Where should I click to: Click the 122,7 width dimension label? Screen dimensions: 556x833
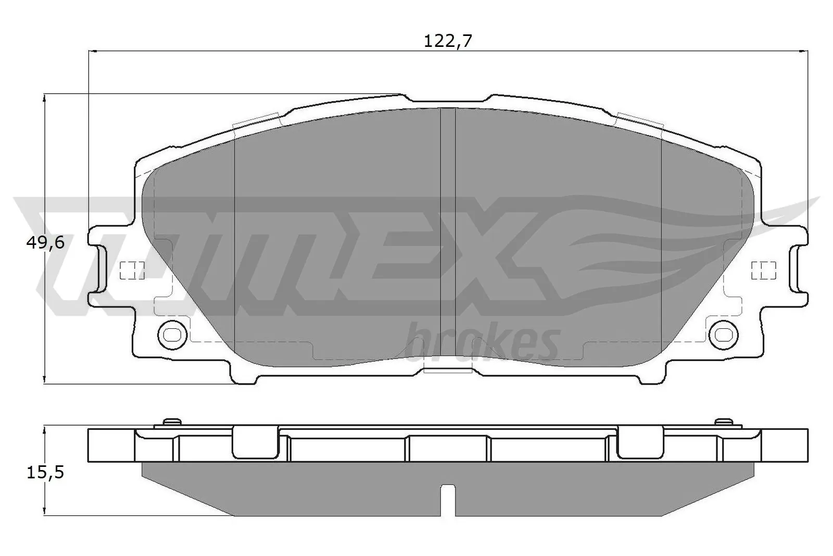(x=447, y=41)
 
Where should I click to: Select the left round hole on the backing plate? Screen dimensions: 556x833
(x=171, y=333)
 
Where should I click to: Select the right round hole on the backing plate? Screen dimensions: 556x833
(x=723, y=333)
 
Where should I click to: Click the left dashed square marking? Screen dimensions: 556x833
(x=132, y=269)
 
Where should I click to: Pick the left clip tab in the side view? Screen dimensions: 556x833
(x=254, y=442)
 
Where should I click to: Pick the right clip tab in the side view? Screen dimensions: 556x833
(x=640, y=442)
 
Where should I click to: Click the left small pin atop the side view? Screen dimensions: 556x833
(x=171, y=421)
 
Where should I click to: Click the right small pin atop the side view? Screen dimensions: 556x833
(x=723, y=421)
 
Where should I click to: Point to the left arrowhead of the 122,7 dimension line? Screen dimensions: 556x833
(x=94, y=51)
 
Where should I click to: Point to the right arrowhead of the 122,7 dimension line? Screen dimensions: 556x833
(x=802, y=51)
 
